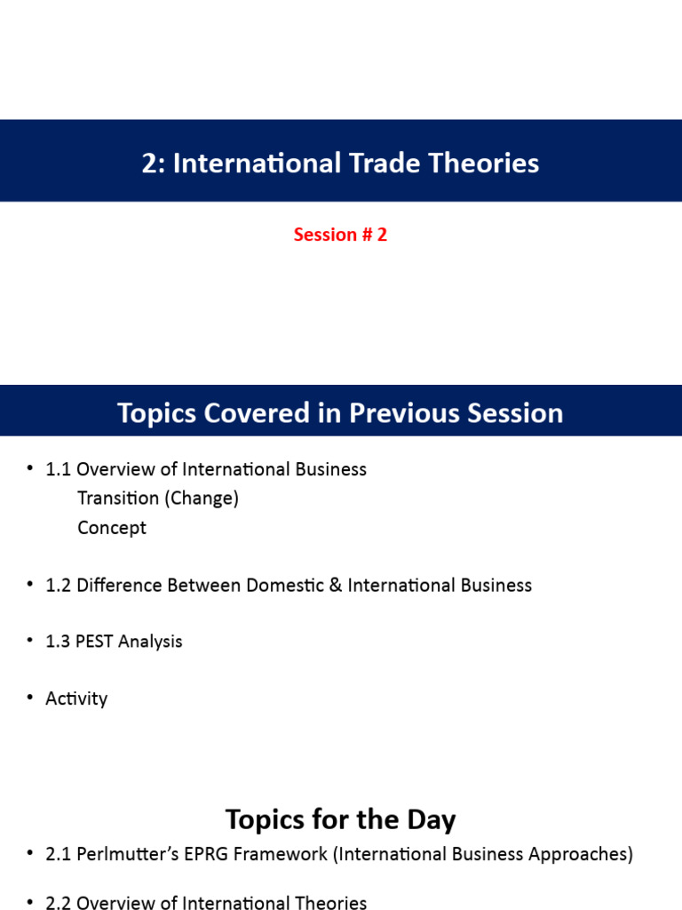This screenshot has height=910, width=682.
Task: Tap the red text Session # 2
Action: pyautogui.click(x=340, y=235)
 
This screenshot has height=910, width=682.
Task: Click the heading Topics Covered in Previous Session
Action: pyautogui.click(x=340, y=413)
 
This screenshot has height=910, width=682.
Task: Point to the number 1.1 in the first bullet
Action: pyautogui.click(x=59, y=469)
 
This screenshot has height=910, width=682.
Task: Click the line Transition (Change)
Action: pyautogui.click(x=158, y=499)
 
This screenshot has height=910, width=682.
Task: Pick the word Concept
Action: pyautogui.click(x=112, y=528)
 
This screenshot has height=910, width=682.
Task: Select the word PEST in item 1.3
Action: pyautogui.click(x=98, y=642)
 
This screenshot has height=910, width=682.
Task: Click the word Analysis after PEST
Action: pyautogui.click(x=152, y=642)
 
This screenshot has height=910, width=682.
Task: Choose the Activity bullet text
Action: pyautogui.click(x=76, y=698)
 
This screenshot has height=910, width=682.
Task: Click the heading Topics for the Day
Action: pyautogui.click(x=340, y=819)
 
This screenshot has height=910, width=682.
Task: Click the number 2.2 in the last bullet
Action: pyautogui.click(x=59, y=903)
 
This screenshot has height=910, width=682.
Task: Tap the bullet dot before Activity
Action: pyautogui.click(x=29, y=698)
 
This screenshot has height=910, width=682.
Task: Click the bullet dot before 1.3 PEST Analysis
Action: pyautogui.click(x=29, y=642)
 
